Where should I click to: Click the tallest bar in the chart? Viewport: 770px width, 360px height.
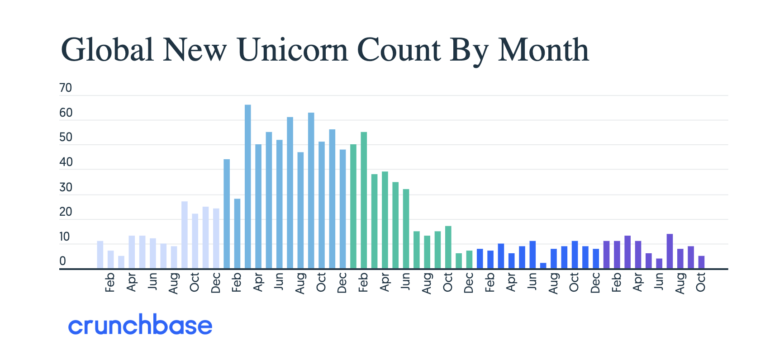tap(247, 186)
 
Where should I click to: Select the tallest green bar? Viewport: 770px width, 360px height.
tap(364, 200)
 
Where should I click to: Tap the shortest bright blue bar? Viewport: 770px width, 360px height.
tap(543, 266)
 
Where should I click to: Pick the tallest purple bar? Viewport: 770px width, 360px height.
tap(670, 251)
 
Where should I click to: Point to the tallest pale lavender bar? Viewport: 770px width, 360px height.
tap(185, 235)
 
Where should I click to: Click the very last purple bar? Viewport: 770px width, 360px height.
tap(701, 262)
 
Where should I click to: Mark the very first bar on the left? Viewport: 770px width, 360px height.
tap(100, 255)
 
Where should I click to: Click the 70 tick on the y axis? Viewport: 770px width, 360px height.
tap(66, 88)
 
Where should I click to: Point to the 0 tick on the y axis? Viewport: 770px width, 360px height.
tap(62, 261)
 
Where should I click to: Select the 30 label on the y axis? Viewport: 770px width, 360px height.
tap(66, 187)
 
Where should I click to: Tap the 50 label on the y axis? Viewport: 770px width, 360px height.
tap(66, 137)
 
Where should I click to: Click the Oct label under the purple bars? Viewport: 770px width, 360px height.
tap(701, 282)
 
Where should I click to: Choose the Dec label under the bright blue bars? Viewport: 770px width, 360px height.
tap(595, 283)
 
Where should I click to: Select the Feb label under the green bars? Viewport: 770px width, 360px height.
tap(363, 282)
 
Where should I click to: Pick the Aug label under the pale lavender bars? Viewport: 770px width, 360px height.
tap(173, 283)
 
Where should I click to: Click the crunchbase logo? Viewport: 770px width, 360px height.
tap(140, 325)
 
